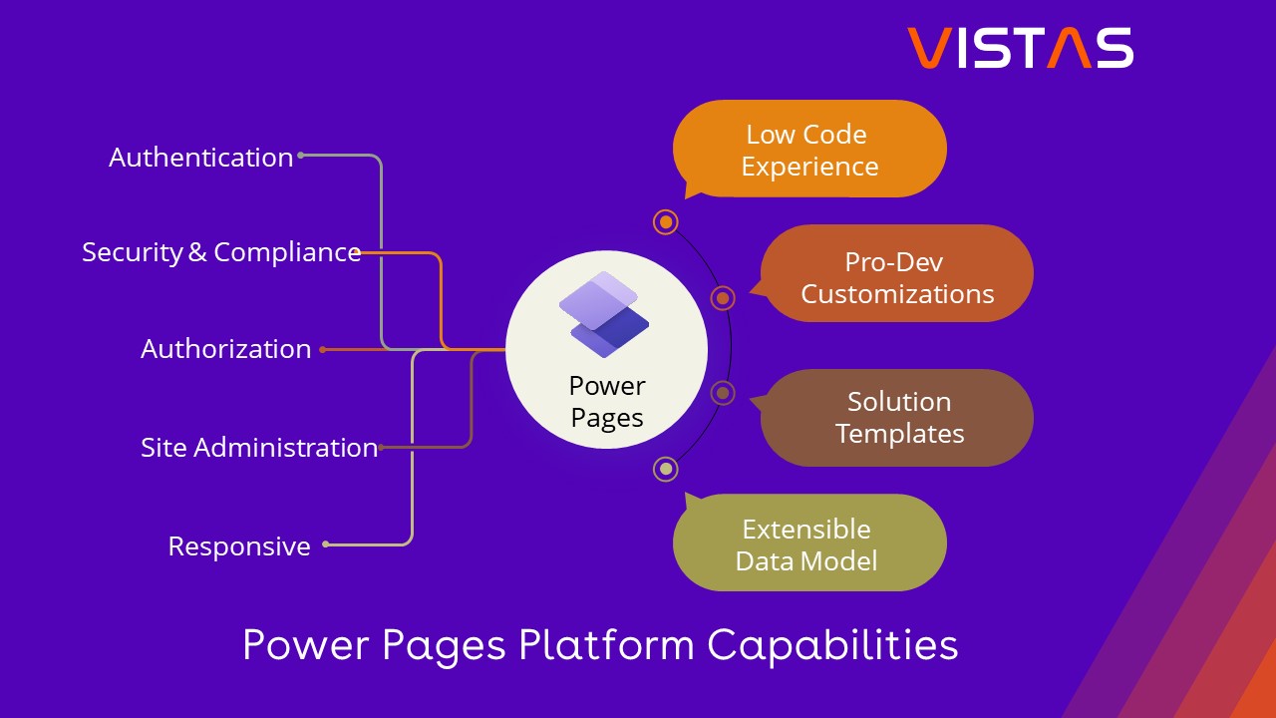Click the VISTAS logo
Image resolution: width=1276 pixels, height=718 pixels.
click(x=1020, y=48)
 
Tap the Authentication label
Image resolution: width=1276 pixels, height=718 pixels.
click(x=200, y=158)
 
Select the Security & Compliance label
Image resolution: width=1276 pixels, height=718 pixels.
click(x=221, y=252)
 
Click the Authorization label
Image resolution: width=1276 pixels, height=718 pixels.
click(x=225, y=349)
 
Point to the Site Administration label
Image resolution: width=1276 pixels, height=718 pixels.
click(x=259, y=448)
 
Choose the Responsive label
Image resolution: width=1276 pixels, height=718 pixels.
click(x=239, y=546)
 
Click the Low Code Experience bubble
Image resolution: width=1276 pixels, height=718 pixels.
click(x=808, y=150)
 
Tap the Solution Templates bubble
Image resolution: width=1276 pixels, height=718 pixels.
click(x=898, y=417)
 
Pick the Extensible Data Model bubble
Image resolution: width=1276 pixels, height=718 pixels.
click(x=808, y=543)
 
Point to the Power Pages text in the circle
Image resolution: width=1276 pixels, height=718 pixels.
click(x=606, y=402)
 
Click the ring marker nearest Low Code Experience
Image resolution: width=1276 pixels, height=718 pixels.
click(x=666, y=221)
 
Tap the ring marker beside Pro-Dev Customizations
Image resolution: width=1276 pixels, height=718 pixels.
click(x=724, y=297)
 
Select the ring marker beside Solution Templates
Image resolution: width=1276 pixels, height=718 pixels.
click(x=724, y=393)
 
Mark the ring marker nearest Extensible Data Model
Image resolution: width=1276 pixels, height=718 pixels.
click(x=666, y=469)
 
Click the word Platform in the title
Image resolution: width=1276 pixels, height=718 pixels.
click(x=606, y=645)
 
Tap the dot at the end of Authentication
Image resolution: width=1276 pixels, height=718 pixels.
click(x=301, y=155)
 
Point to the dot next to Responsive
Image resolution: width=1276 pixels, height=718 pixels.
click(x=326, y=544)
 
